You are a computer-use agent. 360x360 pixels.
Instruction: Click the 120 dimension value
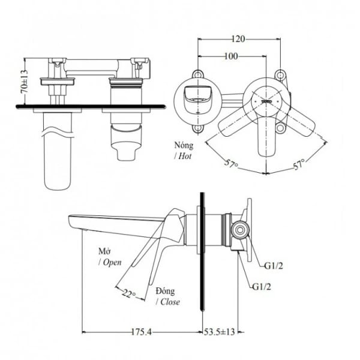point(239,39)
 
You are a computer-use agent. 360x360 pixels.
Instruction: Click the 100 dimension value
point(230,56)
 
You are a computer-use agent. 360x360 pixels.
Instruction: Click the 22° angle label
point(128,294)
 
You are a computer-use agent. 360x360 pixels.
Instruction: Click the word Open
point(112,262)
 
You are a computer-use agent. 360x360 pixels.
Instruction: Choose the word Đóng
point(166,291)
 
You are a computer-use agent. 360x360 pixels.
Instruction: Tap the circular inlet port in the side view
point(239,229)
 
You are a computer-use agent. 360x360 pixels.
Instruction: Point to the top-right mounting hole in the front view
point(279,74)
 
